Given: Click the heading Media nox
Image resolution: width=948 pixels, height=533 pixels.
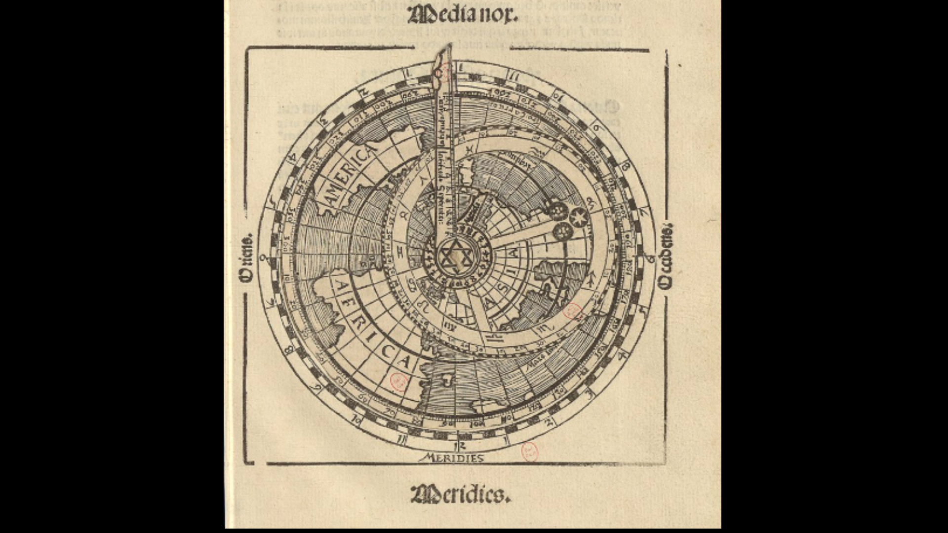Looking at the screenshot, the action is [x=463, y=15].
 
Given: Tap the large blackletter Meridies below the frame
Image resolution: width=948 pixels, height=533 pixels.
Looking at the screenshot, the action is [x=460, y=494].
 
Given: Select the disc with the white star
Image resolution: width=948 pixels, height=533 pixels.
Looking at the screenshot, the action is [x=578, y=217].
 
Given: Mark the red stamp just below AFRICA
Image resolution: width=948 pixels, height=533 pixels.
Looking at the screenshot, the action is [x=398, y=381].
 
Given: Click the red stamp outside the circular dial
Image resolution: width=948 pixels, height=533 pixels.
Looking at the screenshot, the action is [x=529, y=451].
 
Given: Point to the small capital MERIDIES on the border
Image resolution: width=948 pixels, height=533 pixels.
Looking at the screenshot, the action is [x=451, y=458].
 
